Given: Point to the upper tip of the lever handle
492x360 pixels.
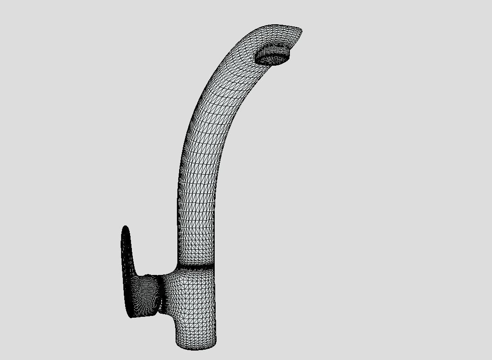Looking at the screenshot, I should click(126, 229).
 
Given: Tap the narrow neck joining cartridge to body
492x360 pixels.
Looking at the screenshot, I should click(160, 292).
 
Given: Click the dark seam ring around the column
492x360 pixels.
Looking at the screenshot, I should click(196, 267).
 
